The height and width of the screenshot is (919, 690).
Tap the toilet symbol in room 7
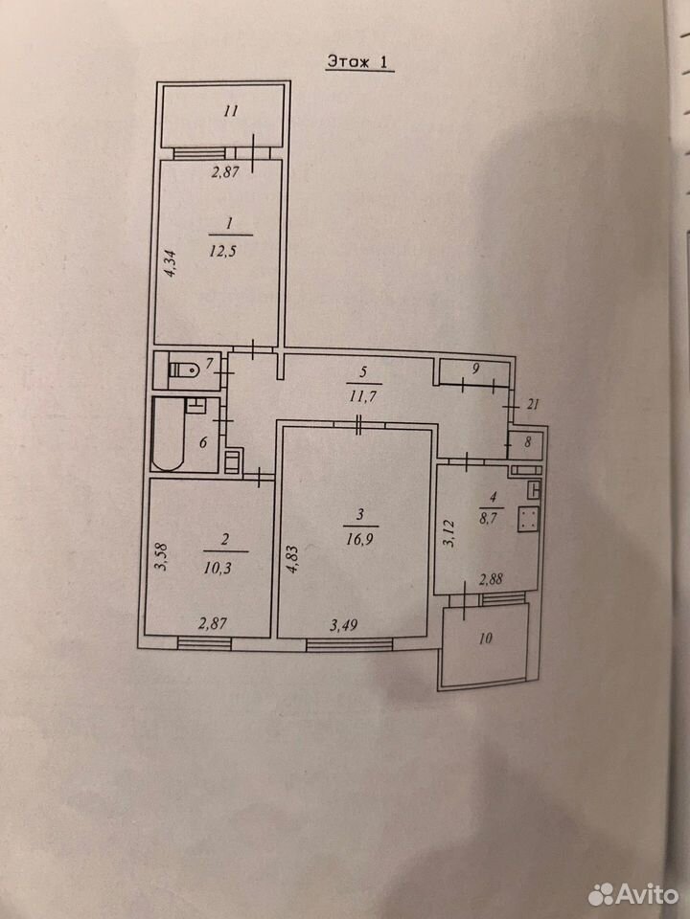[184, 370]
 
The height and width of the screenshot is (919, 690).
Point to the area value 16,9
[359, 539]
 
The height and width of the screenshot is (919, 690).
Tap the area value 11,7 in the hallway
[362, 396]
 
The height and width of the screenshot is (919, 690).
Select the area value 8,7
[487, 518]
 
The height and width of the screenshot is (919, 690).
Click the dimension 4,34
[170, 263]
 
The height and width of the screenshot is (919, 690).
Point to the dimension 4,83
[293, 560]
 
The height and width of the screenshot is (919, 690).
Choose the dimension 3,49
[343, 625]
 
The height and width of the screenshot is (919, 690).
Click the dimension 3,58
[162, 557]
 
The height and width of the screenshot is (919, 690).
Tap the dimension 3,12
[448, 533]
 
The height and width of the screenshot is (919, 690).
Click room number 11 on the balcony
[231, 110]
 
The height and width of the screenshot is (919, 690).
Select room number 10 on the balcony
[485, 639]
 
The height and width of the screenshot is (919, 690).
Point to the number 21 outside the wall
[533, 404]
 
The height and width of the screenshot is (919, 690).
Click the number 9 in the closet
[476, 368]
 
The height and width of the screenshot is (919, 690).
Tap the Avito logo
[632, 894]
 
